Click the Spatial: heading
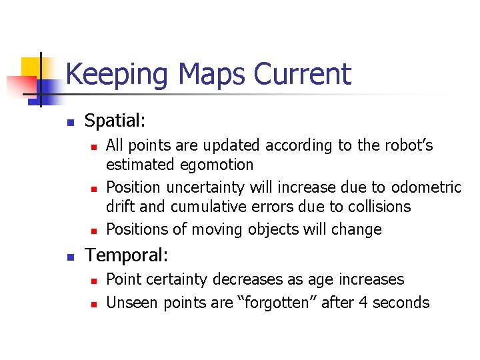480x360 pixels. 115,121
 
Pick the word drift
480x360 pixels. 120,207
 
